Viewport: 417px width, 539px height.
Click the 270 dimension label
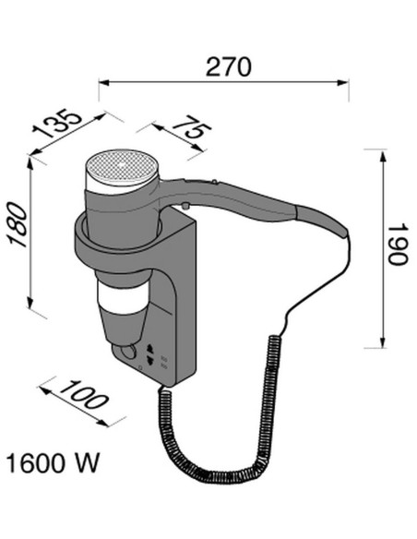pos(229,66)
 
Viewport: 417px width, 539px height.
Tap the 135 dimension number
pos(57,124)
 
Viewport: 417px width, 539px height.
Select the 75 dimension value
pos(192,126)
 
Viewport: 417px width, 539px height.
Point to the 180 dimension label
pos(18,225)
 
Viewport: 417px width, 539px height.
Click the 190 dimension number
pos(398,245)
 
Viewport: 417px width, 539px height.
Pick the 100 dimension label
pos(84,395)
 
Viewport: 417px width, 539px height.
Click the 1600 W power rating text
pos(53,463)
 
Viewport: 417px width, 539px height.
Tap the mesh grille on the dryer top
pos(122,165)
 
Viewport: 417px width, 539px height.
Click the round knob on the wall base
pos(128,352)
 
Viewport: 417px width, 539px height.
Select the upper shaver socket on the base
pos(149,348)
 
